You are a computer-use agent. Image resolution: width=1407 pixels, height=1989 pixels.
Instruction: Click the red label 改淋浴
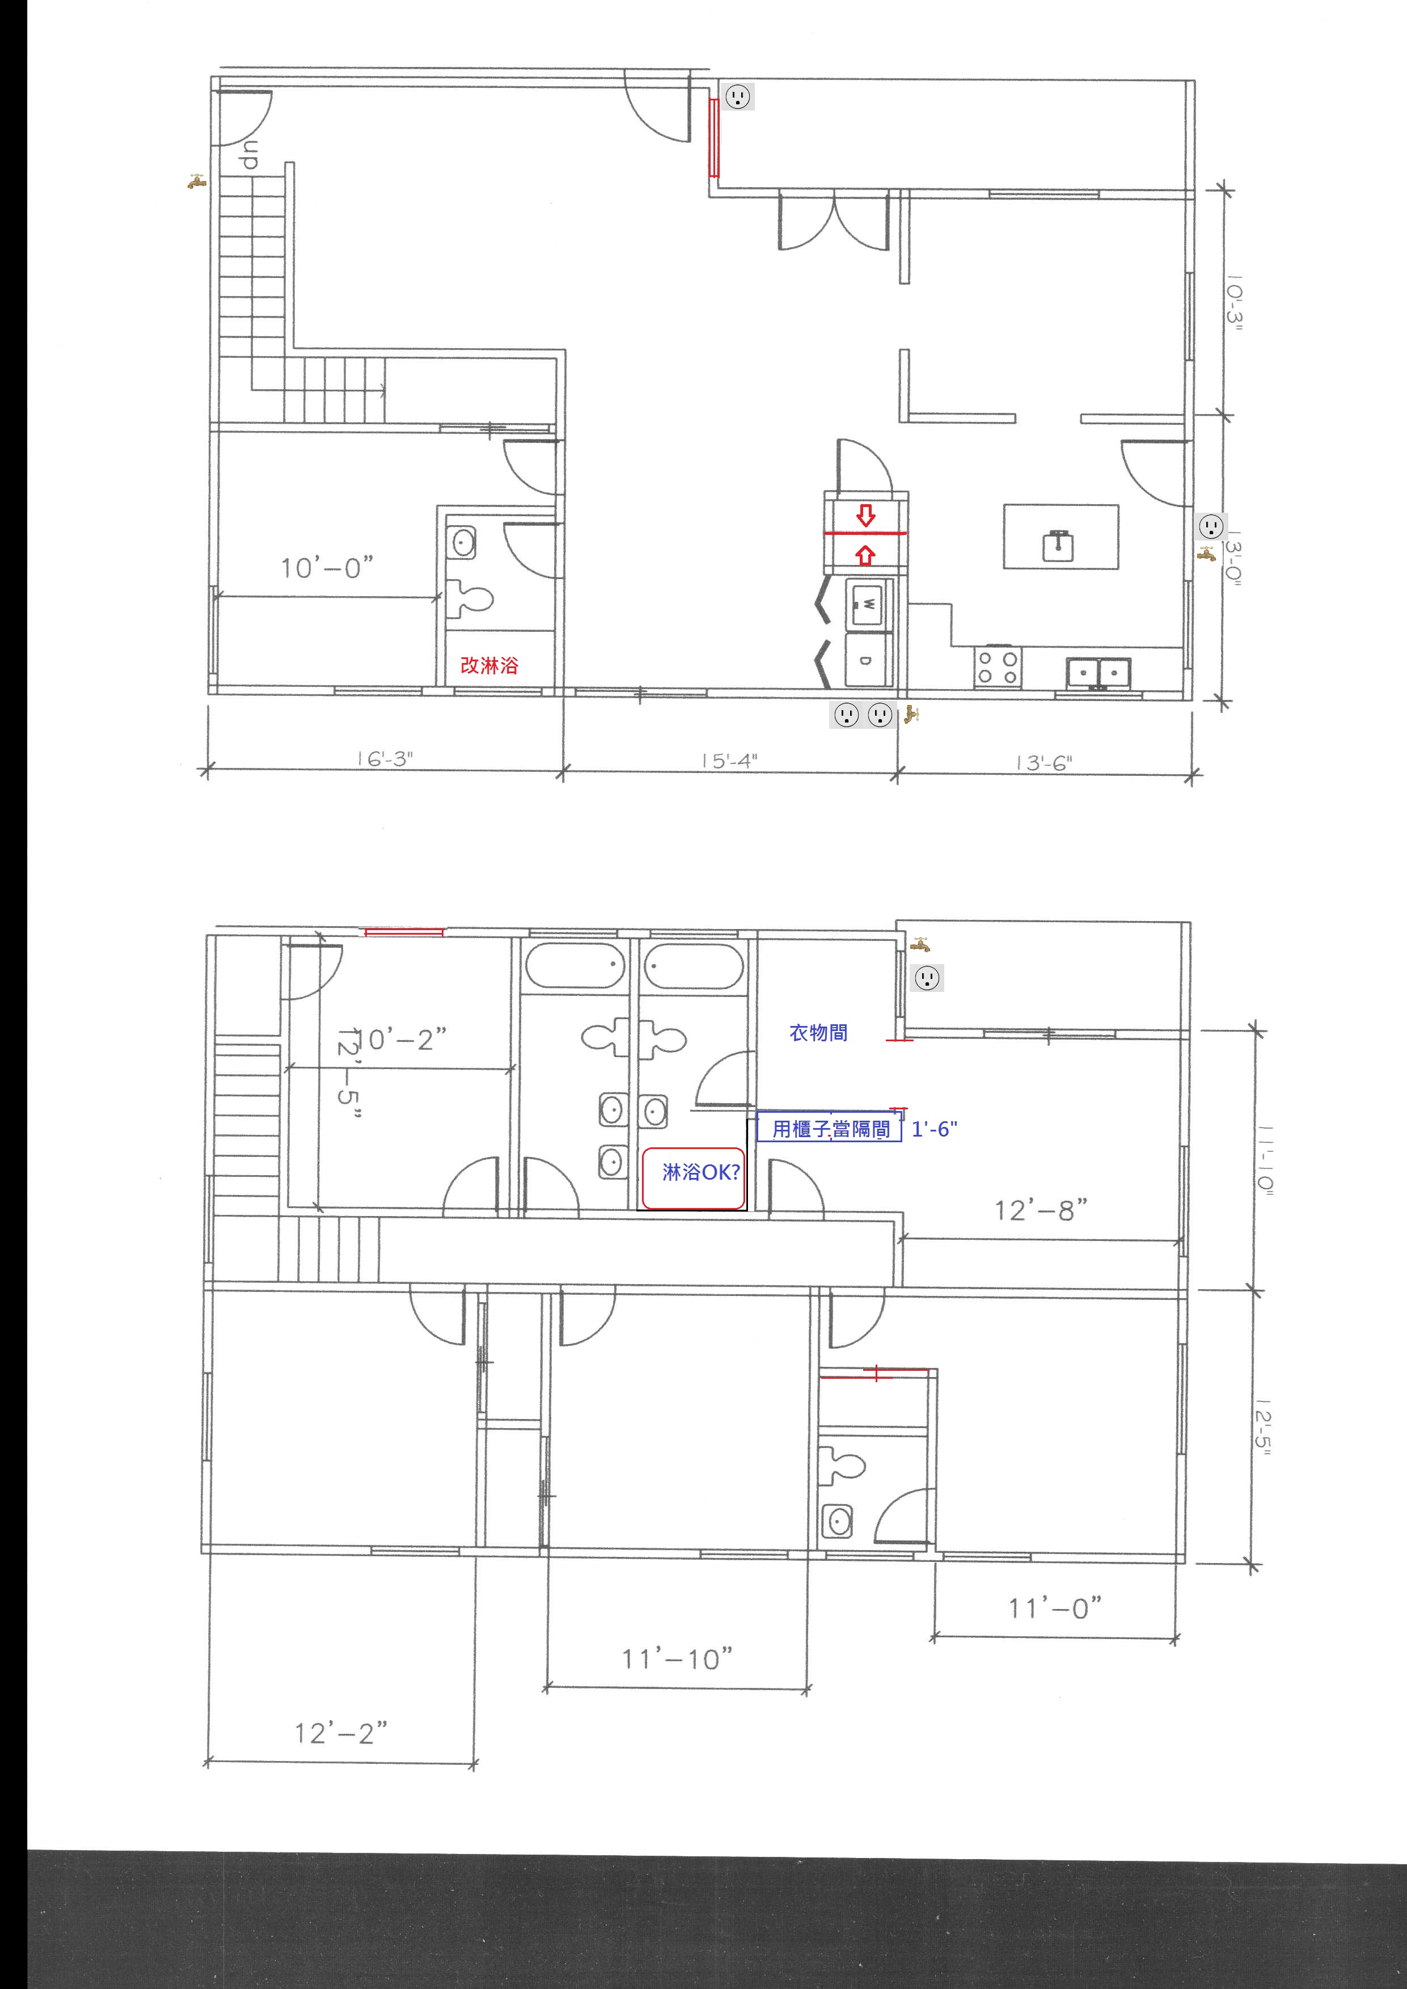click(x=489, y=665)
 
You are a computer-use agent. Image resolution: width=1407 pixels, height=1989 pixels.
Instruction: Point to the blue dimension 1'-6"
click(x=935, y=1129)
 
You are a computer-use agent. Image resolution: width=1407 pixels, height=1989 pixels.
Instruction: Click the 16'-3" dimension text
click(x=385, y=759)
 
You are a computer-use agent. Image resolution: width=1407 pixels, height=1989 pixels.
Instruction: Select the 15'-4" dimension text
click(x=729, y=760)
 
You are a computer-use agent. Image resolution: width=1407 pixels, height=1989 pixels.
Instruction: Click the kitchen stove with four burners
click(x=998, y=667)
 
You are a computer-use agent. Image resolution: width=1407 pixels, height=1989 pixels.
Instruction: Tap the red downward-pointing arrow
click(x=865, y=516)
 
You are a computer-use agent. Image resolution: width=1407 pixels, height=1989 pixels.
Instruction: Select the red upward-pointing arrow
click(x=865, y=555)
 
